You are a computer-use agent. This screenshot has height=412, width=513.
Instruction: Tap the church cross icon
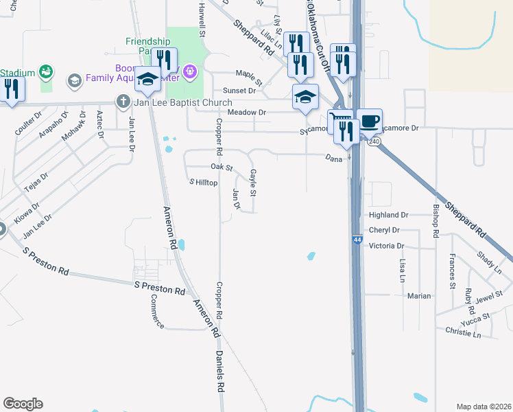(x=123, y=102)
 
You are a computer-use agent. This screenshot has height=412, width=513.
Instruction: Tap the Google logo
(x=23, y=403)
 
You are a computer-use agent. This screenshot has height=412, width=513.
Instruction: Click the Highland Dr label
(x=388, y=215)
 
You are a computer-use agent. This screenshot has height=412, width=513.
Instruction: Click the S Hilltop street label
(x=203, y=183)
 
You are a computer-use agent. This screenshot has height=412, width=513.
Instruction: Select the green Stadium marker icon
(x=47, y=71)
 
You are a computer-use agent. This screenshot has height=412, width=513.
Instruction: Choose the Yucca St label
(x=476, y=317)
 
